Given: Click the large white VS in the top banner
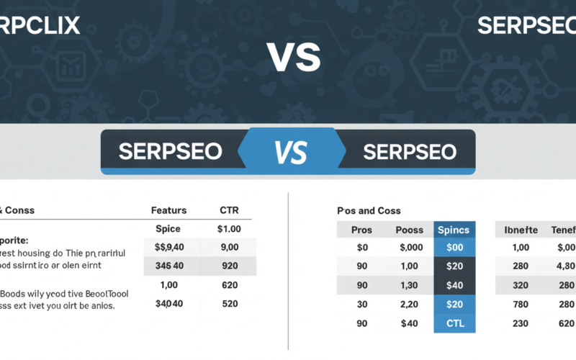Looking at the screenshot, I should pyautogui.click(x=293, y=57).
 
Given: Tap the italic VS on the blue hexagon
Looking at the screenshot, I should pyautogui.click(x=290, y=152).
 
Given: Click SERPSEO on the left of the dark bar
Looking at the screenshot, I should pyautogui.click(x=170, y=152).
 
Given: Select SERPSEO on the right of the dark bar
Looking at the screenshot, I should pyautogui.click(x=410, y=152).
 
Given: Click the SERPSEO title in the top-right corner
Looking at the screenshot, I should pyautogui.click(x=526, y=24).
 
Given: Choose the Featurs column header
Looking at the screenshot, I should pyautogui.click(x=168, y=210).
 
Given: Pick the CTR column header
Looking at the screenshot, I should pyautogui.click(x=229, y=210).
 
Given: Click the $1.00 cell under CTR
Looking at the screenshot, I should pyautogui.click(x=229, y=228).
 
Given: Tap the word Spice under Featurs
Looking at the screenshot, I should pyautogui.click(x=168, y=228).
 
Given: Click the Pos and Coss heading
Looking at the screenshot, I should pyautogui.click(x=369, y=210).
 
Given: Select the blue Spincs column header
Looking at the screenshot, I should pyautogui.click(x=454, y=230).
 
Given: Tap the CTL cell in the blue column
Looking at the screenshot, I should pyautogui.click(x=454, y=323).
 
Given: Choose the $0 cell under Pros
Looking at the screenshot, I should pyautogui.click(x=361, y=248).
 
